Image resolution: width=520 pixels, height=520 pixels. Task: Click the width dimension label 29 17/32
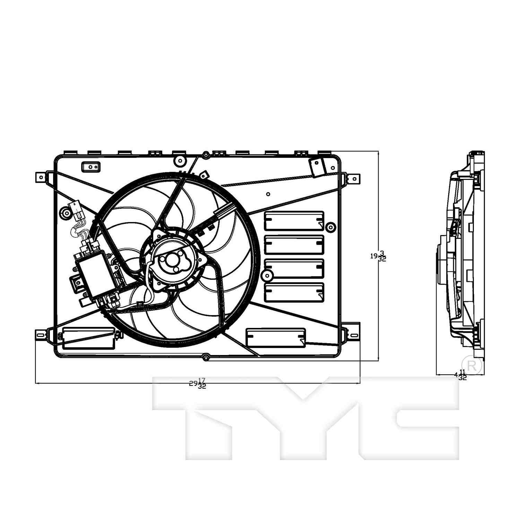(x=198, y=384)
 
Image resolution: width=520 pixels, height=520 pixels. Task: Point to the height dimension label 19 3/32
(x=378, y=257)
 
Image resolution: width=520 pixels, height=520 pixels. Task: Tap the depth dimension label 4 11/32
(x=461, y=375)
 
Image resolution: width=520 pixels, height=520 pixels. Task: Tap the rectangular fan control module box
(x=95, y=275)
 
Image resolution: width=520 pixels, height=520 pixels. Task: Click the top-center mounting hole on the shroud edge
(x=206, y=155)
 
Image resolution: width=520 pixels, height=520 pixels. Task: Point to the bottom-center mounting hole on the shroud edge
(x=206, y=357)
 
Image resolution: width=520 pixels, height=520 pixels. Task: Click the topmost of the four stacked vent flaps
(x=294, y=221)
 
